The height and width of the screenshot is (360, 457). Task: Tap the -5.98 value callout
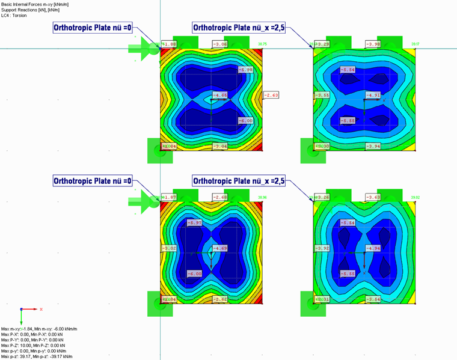coord(245,70)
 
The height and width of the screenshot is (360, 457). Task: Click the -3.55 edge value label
coord(322,95)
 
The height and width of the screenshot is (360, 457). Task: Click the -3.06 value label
coord(221,44)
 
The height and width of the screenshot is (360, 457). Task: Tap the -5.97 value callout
coord(194,222)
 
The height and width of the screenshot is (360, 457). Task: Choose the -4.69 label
coord(221,248)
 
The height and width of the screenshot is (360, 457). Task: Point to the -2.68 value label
coord(221,197)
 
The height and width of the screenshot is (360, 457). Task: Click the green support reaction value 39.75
coord(262,44)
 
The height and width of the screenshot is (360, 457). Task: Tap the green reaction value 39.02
coord(415,197)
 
